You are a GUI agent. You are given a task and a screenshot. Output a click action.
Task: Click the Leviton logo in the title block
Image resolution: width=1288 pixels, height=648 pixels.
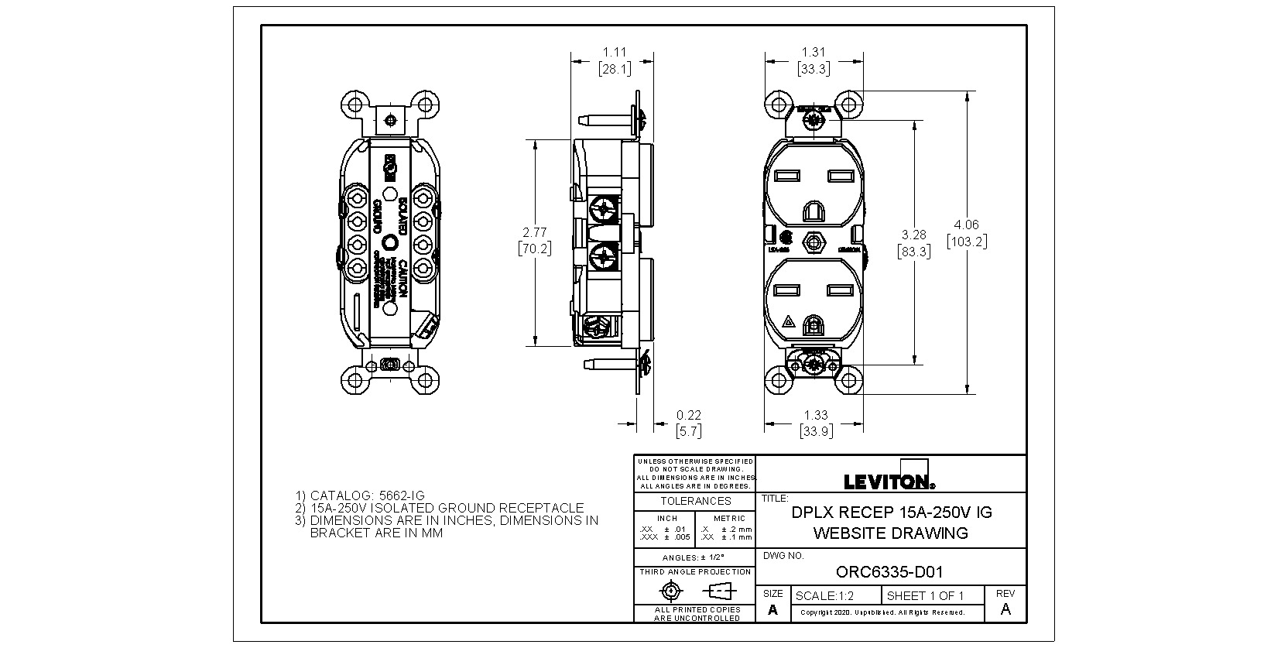click(889, 482)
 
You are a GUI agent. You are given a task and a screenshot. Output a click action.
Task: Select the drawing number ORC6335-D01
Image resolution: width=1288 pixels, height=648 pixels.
click(889, 573)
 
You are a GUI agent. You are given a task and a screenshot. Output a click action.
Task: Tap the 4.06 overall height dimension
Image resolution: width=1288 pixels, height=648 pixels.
click(967, 225)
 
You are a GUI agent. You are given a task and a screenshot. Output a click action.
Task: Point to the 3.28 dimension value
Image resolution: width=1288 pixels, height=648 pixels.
click(914, 235)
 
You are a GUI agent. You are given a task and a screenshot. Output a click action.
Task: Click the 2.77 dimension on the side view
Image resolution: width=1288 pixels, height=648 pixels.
click(535, 232)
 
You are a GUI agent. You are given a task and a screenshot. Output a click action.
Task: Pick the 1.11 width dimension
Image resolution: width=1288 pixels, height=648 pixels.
click(615, 53)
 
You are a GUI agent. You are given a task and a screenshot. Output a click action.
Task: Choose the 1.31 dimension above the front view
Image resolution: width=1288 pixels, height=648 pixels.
click(814, 53)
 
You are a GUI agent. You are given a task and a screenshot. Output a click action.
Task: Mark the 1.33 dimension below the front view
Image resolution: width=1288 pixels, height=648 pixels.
click(816, 416)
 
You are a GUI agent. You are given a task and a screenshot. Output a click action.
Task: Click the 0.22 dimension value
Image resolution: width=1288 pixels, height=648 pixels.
click(688, 416)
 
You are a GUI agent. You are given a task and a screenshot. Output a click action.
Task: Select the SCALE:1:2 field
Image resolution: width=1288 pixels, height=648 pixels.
click(824, 595)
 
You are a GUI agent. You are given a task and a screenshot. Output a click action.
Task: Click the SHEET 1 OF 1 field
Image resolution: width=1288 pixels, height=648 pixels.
click(925, 595)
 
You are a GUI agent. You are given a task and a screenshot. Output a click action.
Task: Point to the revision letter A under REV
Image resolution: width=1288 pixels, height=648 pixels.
click(1005, 609)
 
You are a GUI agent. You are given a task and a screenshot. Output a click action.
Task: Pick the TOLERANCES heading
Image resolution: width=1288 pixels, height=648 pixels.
click(695, 501)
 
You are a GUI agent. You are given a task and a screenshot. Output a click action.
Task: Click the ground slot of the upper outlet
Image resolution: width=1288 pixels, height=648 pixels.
click(814, 211)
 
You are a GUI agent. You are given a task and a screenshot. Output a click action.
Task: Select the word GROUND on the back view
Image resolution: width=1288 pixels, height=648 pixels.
click(378, 218)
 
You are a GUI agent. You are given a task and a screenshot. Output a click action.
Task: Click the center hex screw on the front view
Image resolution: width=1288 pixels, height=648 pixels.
click(814, 242)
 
